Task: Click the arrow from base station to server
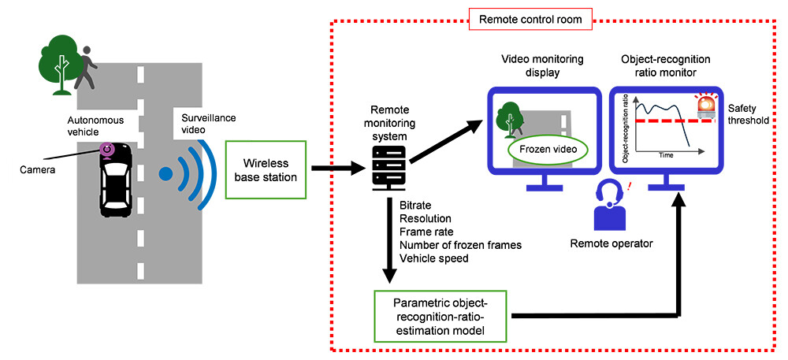pyautogui.click(x=334, y=168)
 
